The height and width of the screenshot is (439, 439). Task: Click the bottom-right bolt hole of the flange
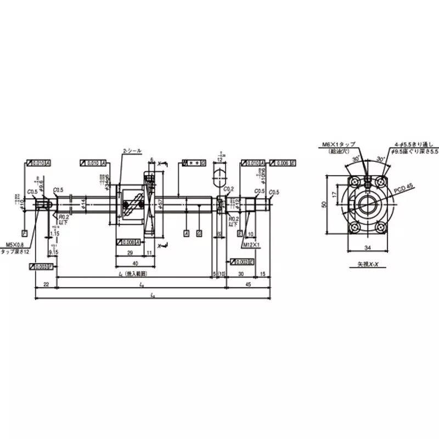coord(381,226)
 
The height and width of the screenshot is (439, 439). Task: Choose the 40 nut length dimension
coord(135,262)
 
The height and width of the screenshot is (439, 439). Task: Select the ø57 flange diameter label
coord(160,204)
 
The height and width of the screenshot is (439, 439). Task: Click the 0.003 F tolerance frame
coord(41,266)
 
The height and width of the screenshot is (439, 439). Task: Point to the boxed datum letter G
coord(198,233)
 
